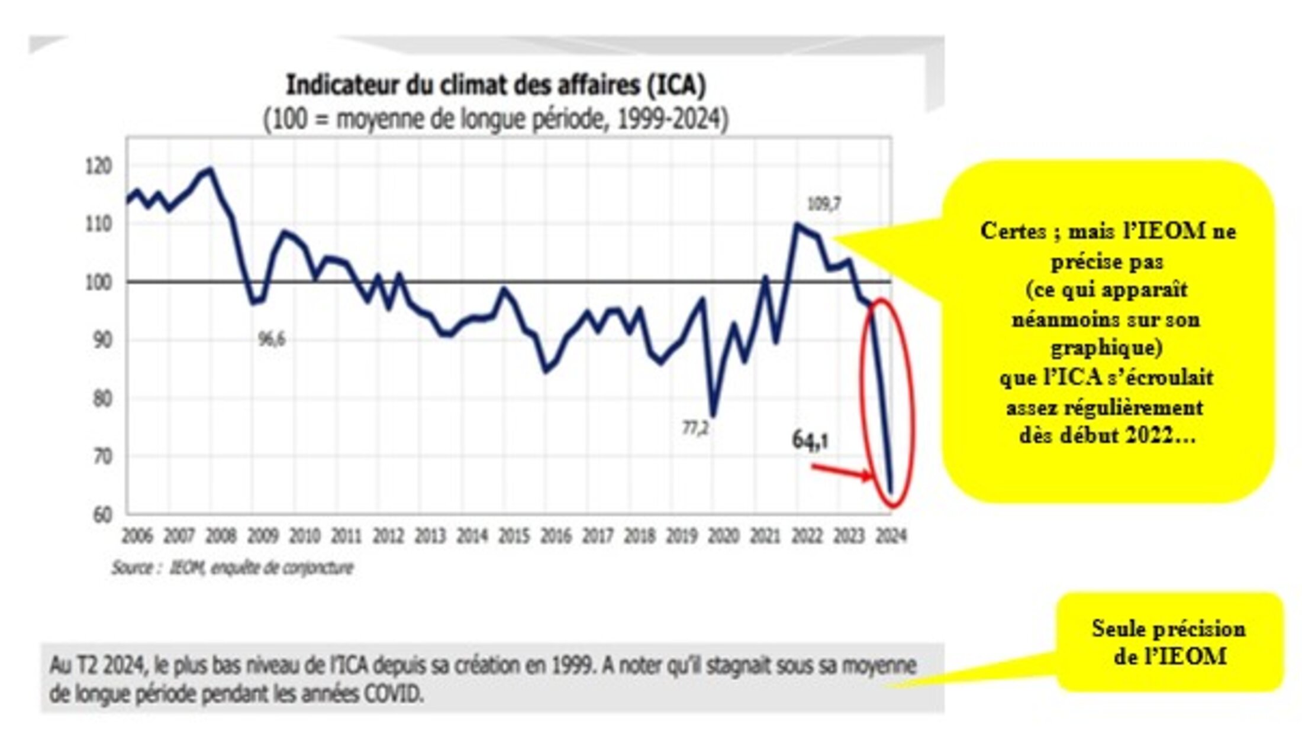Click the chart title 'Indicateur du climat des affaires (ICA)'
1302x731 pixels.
(x=496, y=85)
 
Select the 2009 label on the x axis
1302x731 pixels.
(x=262, y=536)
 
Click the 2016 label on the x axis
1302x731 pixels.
(x=555, y=536)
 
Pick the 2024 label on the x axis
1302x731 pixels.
(x=891, y=536)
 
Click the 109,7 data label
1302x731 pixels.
(x=824, y=205)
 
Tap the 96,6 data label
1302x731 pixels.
(x=272, y=339)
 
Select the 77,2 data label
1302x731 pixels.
(x=695, y=428)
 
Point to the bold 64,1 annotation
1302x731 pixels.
(x=810, y=441)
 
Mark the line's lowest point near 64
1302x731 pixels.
(x=890, y=491)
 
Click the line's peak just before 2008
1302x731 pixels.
(x=211, y=170)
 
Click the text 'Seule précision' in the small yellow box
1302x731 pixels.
(x=1168, y=629)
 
